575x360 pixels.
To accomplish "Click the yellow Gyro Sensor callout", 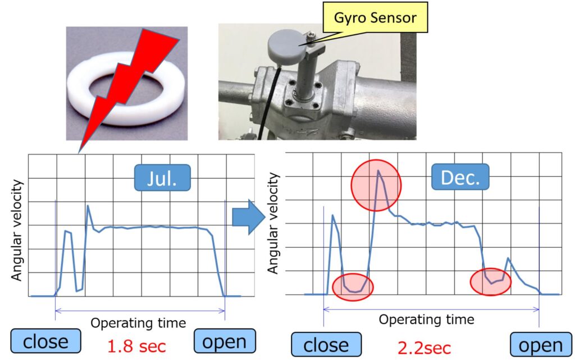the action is [375, 17].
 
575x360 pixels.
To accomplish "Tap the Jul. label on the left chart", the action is [162, 178].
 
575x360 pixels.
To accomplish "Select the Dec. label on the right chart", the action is [460, 177].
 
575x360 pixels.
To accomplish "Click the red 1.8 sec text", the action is [136, 346].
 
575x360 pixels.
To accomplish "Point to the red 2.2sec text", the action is [424, 348].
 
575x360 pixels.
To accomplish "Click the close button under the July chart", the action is [45, 341].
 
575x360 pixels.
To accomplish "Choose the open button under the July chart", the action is [225, 341].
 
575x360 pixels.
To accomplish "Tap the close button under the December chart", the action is [326, 345].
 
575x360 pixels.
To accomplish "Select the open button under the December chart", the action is [541, 345].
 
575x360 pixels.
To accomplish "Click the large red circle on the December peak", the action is [376, 185].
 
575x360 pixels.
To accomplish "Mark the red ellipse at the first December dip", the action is [353, 287].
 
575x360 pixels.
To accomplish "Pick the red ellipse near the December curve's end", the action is [491, 281].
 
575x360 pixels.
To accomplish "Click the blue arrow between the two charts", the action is [249, 217].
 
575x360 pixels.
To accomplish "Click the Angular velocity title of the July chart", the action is [17, 230].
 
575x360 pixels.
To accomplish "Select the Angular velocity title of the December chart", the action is [273, 224].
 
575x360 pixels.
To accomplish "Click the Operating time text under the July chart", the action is [138, 323].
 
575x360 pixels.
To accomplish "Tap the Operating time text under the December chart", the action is [427, 320].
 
